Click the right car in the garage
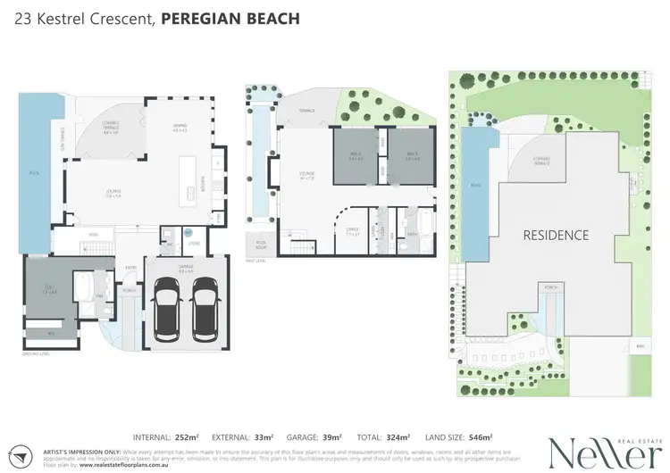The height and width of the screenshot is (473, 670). tap(205, 308)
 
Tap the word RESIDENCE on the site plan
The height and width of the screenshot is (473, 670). tap(556, 236)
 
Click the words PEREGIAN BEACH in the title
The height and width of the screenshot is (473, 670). tap(230, 18)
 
